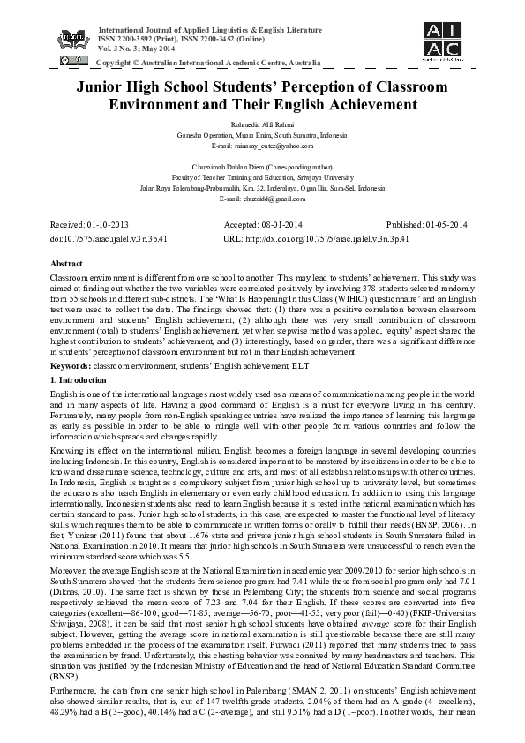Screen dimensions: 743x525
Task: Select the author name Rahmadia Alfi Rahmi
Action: pyautogui.click(x=262, y=124)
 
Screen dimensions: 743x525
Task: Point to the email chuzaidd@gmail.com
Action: pyautogui.click(x=262, y=199)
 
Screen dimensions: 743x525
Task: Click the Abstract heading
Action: pyautogui.click(x=69, y=264)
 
